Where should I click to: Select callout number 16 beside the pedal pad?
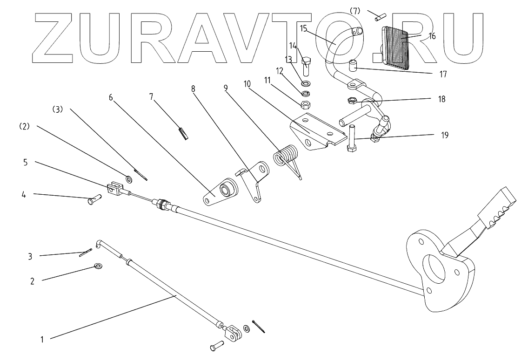coord(432,36)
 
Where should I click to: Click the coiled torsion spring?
coord(285,156)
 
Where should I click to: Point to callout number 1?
coord(42,340)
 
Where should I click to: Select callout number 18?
coord(441,99)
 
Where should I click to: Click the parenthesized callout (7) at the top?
coord(355,10)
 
